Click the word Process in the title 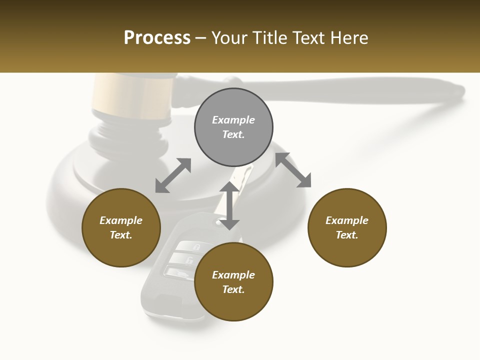click(x=157, y=38)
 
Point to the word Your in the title click(x=229, y=38)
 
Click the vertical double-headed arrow click(x=229, y=205)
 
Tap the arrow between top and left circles click(x=173, y=175)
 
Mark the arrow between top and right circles click(x=293, y=170)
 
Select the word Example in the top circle click(x=233, y=120)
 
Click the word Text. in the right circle click(x=347, y=235)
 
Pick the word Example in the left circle click(x=121, y=220)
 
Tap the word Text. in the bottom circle click(x=233, y=289)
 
